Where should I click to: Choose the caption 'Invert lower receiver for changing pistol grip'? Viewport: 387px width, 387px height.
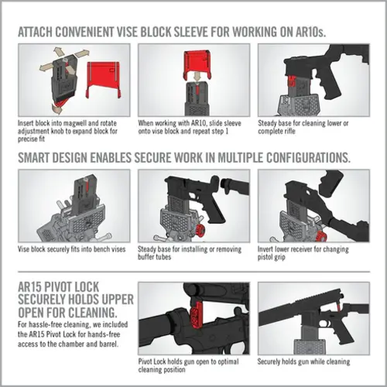click(x=310, y=253)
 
